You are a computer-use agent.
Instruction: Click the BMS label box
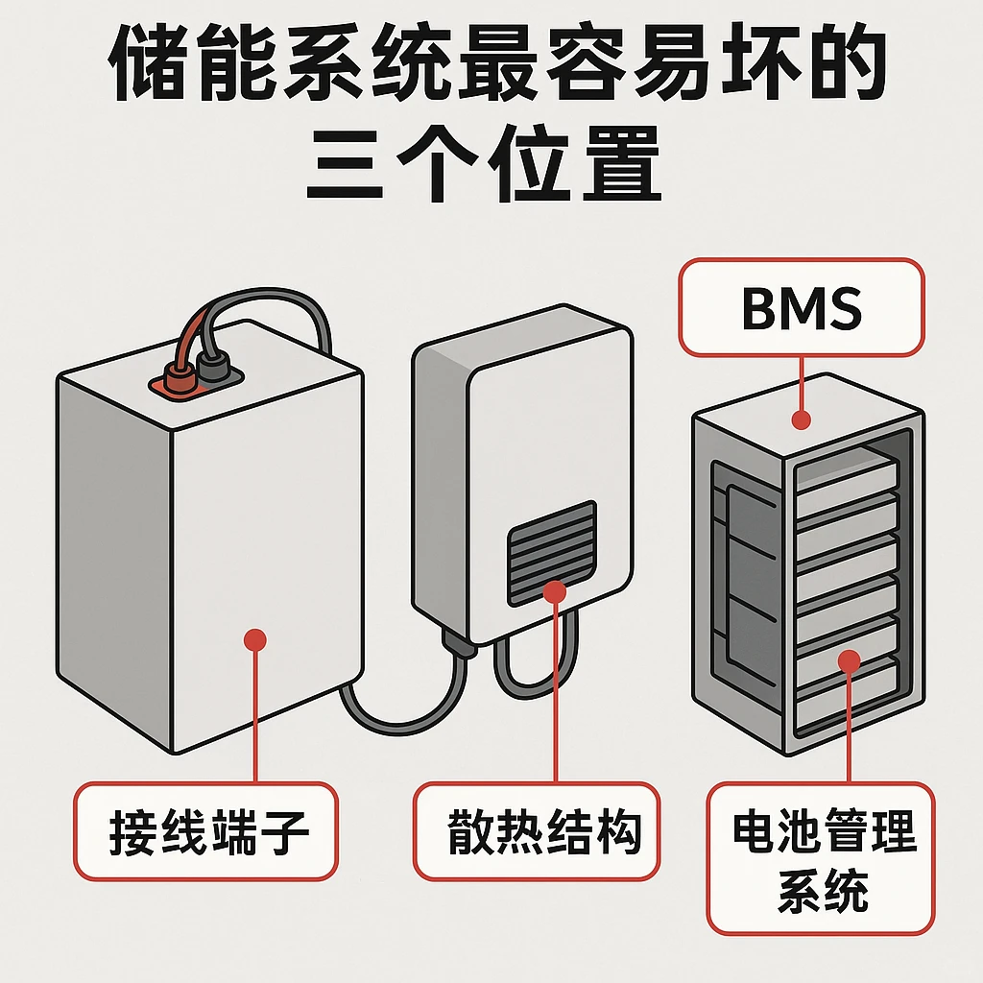point(801,307)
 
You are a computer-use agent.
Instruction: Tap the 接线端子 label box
point(205,830)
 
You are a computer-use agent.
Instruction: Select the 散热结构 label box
point(537,830)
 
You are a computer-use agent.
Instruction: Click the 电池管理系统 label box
point(821,857)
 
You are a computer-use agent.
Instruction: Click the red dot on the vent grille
point(555,591)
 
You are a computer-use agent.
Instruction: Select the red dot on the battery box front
point(254,640)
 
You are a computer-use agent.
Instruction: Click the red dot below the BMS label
point(801,420)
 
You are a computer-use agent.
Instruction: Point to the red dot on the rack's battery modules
point(849,659)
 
